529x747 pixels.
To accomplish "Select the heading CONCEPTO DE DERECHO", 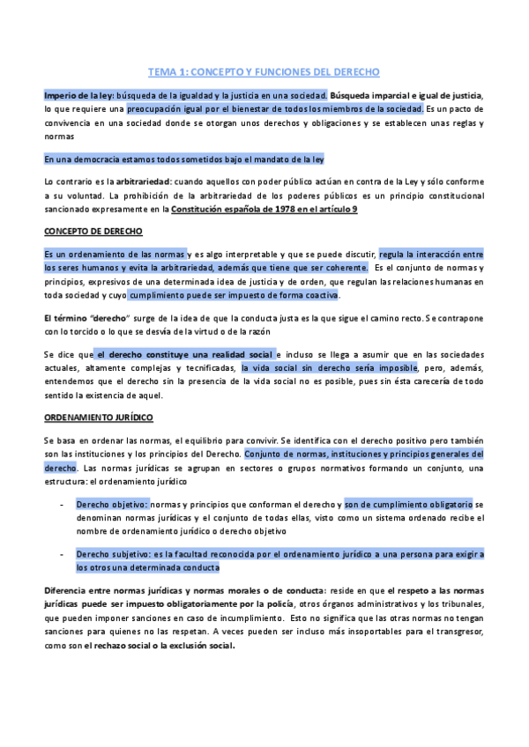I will click(x=87, y=233).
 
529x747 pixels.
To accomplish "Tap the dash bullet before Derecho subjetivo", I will click(x=60, y=554).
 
